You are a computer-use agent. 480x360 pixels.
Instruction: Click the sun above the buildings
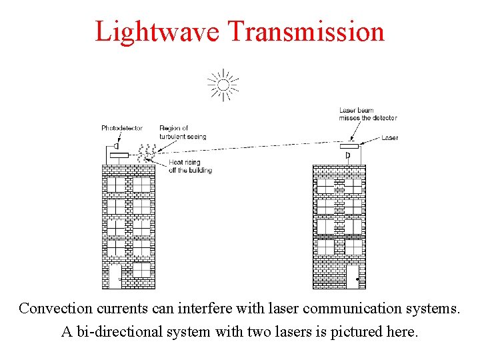[223, 85]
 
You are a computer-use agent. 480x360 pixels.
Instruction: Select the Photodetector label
[122, 128]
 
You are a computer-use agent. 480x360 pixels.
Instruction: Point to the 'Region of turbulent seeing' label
[182, 132]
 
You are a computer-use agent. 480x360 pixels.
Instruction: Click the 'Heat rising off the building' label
[190, 166]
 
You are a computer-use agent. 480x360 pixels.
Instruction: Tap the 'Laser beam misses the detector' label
[367, 114]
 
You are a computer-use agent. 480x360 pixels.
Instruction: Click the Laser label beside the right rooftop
[390, 138]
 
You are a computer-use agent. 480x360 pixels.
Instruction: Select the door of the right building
[352, 275]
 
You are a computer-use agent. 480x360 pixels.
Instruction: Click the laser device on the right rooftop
[349, 146]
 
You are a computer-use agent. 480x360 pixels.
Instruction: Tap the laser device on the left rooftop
[119, 155]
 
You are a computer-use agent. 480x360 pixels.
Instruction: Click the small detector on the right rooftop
[348, 156]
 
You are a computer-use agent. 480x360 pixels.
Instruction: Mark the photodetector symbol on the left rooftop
[116, 145]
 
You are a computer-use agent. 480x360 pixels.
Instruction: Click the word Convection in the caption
[56, 309]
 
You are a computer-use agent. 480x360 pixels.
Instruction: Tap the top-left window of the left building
[116, 185]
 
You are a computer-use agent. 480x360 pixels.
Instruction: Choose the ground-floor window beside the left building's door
[141, 270]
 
